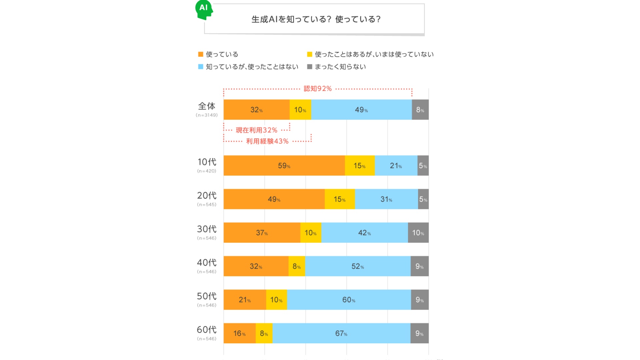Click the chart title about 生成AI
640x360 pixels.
coord(316,19)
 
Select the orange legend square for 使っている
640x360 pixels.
coord(201,54)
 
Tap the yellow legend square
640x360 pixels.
coord(310,54)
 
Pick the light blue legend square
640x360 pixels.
coord(201,67)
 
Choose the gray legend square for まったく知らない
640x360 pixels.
coord(310,67)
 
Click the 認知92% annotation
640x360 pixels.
coord(318,89)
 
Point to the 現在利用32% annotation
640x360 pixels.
coord(256,130)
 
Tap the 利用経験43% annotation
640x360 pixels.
coord(267,141)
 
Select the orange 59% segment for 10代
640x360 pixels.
coord(284,166)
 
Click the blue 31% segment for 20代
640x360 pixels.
coord(386,199)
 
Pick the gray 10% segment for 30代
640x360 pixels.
coord(418,233)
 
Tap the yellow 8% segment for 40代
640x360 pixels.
coord(297,266)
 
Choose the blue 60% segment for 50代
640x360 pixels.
coord(349,300)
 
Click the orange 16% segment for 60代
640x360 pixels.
coord(239,333)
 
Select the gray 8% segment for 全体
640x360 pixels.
coord(420,110)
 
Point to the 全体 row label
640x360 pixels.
coord(207,106)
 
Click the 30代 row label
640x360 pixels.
coord(207,229)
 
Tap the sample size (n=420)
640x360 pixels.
coord(207,171)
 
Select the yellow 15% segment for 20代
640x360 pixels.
coord(340,199)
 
